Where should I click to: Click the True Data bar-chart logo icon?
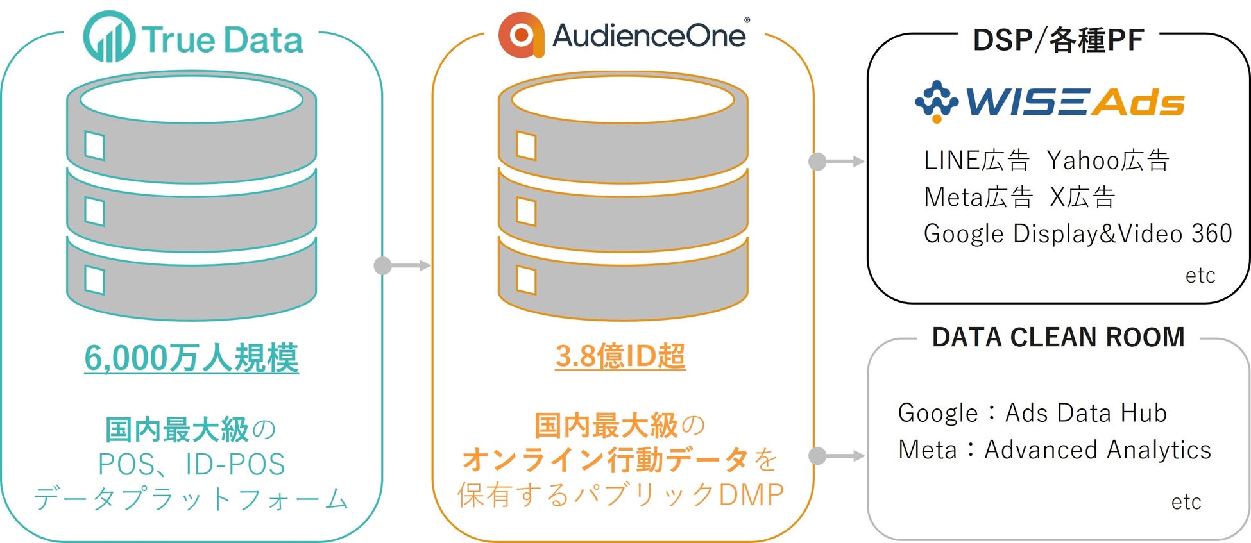(x=109, y=37)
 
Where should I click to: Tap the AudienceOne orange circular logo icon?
(x=521, y=35)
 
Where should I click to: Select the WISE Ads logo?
(x=1050, y=101)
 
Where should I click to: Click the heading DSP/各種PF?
(x=1058, y=40)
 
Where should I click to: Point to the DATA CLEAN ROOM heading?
(x=1058, y=337)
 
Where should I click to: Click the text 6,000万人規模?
(x=191, y=358)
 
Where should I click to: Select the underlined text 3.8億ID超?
(x=620, y=356)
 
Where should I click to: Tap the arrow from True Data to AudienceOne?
(x=402, y=265)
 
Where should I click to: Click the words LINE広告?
(x=976, y=160)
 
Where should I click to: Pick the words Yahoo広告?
(x=1108, y=160)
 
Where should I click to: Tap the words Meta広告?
(x=978, y=197)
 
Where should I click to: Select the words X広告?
(x=1082, y=197)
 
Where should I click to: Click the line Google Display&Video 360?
(x=1078, y=234)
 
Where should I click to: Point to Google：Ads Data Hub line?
(x=1032, y=413)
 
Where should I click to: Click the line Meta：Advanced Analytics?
(x=1055, y=450)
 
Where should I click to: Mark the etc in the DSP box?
(x=1200, y=276)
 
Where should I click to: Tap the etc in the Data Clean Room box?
(x=1186, y=502)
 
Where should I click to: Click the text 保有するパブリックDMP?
(x=620, y=495)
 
